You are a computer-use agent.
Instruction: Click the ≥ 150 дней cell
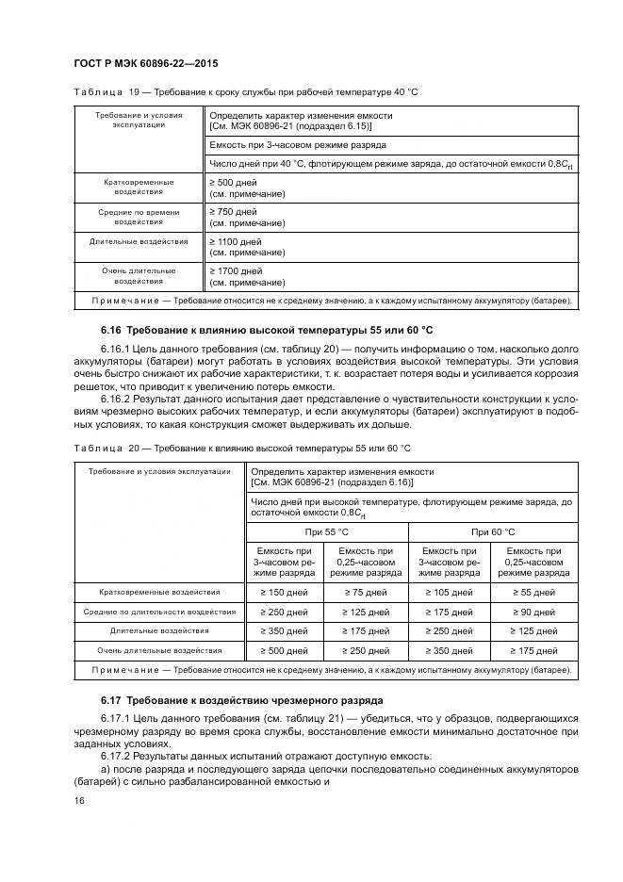284,592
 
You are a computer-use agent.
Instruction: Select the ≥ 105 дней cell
449,592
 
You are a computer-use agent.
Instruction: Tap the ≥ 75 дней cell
366,592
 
